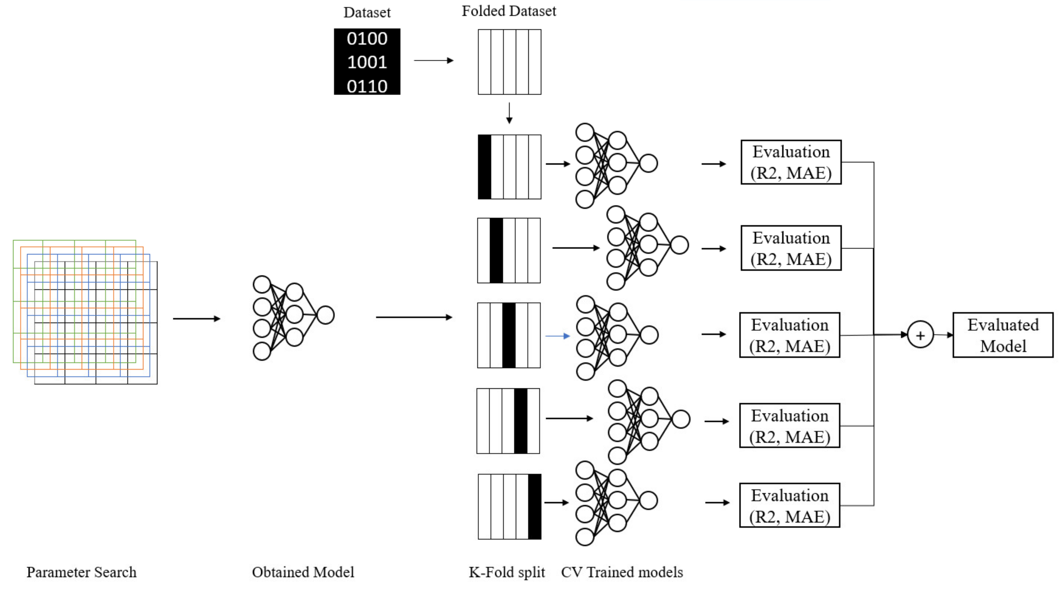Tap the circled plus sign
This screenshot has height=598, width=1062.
coord(920,335)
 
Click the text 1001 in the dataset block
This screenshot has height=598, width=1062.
coord(367,62)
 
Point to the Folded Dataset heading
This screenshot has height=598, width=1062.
coord(508,11)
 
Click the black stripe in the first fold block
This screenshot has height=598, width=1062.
coord(484,167)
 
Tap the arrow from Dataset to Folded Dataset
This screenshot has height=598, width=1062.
coord(433,60)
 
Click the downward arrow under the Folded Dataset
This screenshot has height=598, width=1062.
coord(509,113)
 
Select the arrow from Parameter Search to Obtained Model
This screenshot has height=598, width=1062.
coord(197,319)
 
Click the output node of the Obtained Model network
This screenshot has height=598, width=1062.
coord(325,315)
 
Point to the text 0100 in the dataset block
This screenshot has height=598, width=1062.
coord(367,39)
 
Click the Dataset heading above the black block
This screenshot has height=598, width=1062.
coord(367,13)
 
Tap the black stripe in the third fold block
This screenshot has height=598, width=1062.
coord(509,335)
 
